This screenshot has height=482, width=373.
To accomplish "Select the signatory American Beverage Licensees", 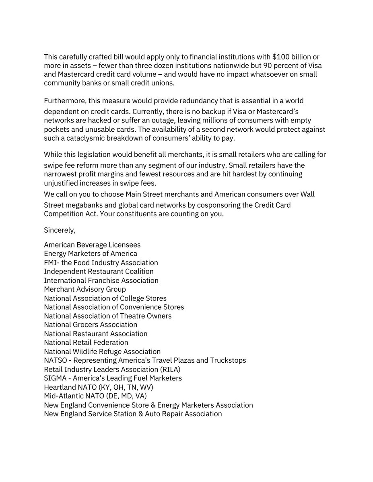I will click(92, 245).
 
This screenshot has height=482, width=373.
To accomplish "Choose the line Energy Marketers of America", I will click(91, 253).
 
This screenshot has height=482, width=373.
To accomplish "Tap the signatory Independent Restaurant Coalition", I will click(99, 272).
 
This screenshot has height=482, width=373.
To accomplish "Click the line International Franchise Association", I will click(101, 280).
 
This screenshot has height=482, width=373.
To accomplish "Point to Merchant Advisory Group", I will click(85, 289).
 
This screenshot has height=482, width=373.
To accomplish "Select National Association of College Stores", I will click(105, 298).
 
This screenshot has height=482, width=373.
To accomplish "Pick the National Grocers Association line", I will click(91, 325).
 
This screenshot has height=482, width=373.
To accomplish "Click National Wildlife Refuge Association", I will click(102, 351).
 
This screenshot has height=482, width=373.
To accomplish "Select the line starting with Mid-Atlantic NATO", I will click(95, 396).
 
